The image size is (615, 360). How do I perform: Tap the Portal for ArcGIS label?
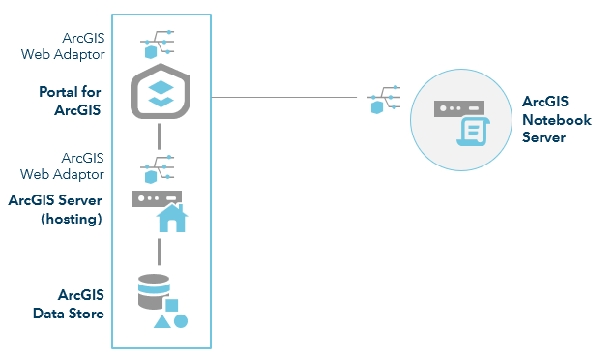coord(70,101)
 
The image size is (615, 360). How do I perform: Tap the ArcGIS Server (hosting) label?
coord(55,210)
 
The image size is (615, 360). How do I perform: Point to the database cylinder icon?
coord(153,290)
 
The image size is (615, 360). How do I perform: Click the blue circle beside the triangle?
coord(181,321)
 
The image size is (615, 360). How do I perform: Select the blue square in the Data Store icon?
coord(172,305)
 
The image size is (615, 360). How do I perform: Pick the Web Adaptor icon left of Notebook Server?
coord(381,100)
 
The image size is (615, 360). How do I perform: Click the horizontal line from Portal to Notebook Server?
coord(290,97)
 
